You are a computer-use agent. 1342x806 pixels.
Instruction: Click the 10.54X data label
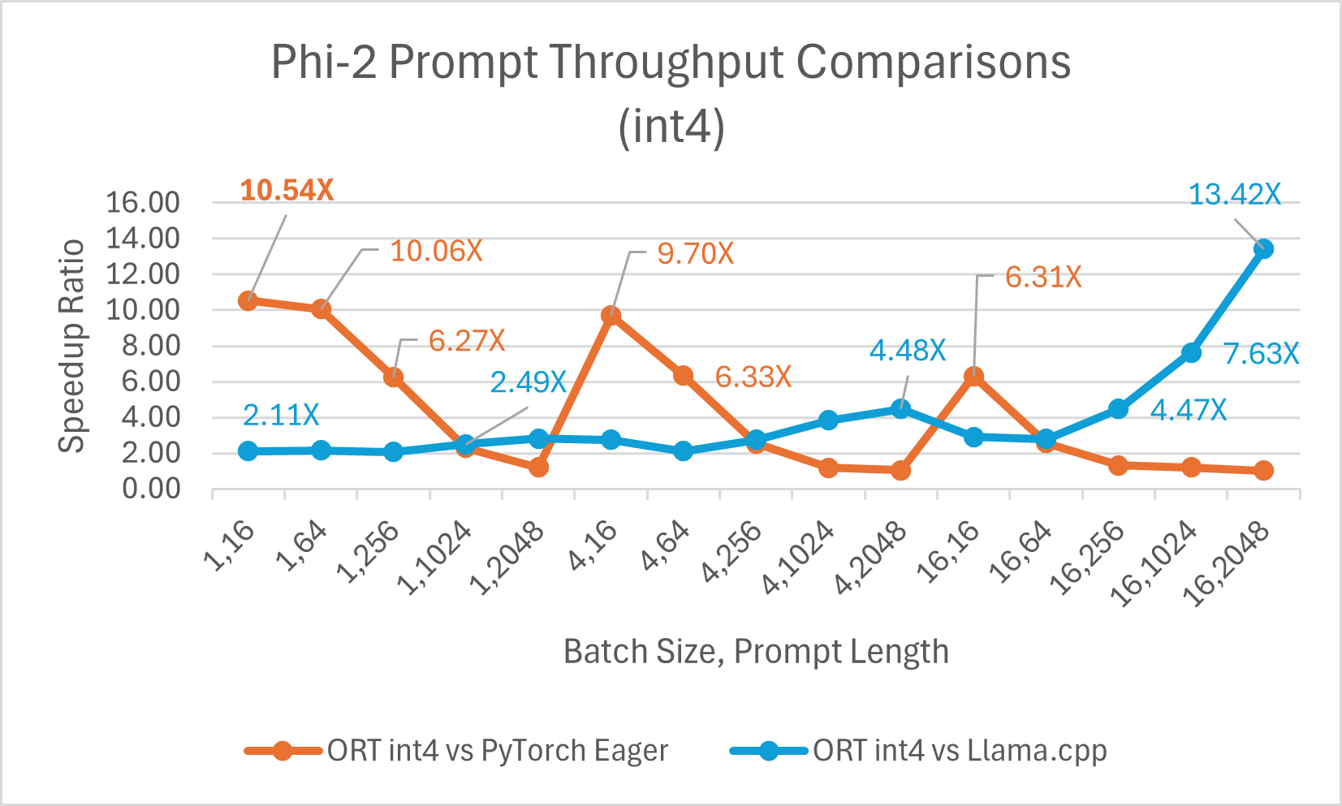pos(287,191)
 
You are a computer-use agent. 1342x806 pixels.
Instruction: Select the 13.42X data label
pos(1234,195)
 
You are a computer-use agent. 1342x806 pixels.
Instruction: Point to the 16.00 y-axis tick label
pos(143,203)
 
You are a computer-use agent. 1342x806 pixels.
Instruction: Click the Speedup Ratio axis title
pos(72,346)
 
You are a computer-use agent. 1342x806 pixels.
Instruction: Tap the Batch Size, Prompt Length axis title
pos(756,652)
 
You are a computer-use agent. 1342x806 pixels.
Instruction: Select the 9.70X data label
pos(695,254)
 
